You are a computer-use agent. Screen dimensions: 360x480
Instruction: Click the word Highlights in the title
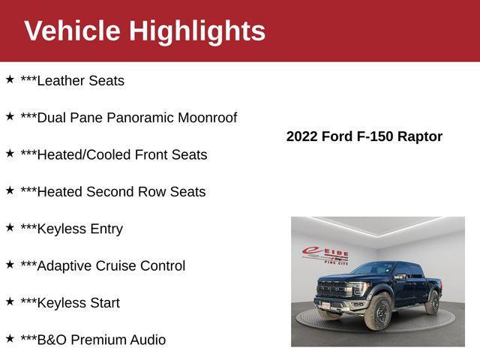(197, 31)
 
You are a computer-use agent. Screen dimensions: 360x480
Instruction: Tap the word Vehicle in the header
(72, 31)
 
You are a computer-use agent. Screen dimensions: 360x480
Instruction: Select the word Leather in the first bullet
(63, 81)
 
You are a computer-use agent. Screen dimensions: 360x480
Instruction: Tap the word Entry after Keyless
(106, 229)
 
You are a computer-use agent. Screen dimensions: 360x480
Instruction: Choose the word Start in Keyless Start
(103, 303)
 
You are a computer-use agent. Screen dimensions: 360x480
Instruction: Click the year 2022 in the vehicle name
(302, 136)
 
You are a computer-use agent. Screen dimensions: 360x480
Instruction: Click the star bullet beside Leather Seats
(10, 79)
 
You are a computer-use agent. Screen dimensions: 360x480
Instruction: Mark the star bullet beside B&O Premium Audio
(10, 338)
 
